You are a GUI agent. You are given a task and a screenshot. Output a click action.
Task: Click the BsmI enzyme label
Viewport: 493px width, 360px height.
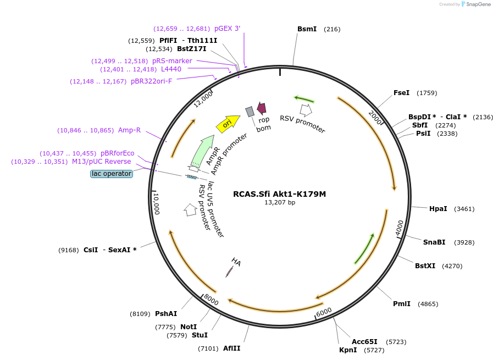pos(307,29)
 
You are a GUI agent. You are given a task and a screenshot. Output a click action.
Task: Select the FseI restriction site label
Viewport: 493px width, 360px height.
pos(401,93)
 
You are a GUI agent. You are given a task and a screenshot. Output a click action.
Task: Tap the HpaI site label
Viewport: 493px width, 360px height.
pos(438,209)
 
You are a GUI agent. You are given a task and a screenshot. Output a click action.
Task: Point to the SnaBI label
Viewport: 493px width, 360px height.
pos(434,242)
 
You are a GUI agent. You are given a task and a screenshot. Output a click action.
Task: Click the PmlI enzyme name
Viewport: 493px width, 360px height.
pos(401,304)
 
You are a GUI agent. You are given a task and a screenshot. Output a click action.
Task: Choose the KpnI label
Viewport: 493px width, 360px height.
pos(347,350)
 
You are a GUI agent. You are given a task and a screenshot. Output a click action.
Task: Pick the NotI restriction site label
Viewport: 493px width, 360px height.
pos(189,326)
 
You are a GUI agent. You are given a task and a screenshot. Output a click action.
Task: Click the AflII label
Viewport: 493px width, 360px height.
pos(231,348)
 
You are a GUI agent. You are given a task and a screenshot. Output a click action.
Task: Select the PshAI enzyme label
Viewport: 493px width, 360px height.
pos(166,314)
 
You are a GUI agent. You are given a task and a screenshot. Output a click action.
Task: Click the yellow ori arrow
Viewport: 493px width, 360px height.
pos(228,124)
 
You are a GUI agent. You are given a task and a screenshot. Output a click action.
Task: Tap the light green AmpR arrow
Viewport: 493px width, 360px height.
pos(201,149)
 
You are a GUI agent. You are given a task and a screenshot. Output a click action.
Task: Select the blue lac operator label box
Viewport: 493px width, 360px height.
pos(112,174)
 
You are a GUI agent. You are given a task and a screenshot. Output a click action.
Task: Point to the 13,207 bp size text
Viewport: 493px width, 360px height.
pos(279,202)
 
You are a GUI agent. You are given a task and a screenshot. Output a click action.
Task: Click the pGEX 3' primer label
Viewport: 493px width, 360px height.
pos(227,29)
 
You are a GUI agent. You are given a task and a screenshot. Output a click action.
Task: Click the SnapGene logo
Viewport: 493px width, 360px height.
pos(477,4)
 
